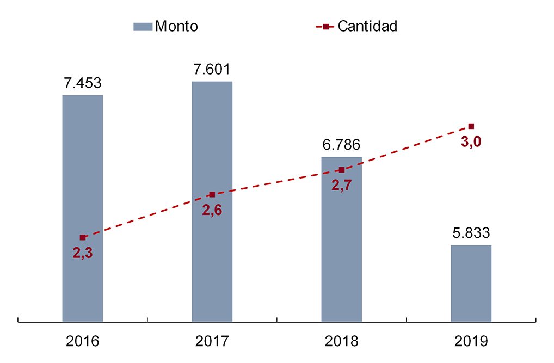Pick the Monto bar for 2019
(471, 283)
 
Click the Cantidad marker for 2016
(83, 237)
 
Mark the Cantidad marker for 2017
(212, 194)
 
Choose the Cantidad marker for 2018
(342, 170)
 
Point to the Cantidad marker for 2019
(471, 126)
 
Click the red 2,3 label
(83, 253)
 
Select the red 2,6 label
(212, 211)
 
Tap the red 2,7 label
(341, 185)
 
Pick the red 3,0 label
(471, 143)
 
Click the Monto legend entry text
(176, 26)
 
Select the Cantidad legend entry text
(367, 26)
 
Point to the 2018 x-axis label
(341, 341)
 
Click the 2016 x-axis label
(83, 341)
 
